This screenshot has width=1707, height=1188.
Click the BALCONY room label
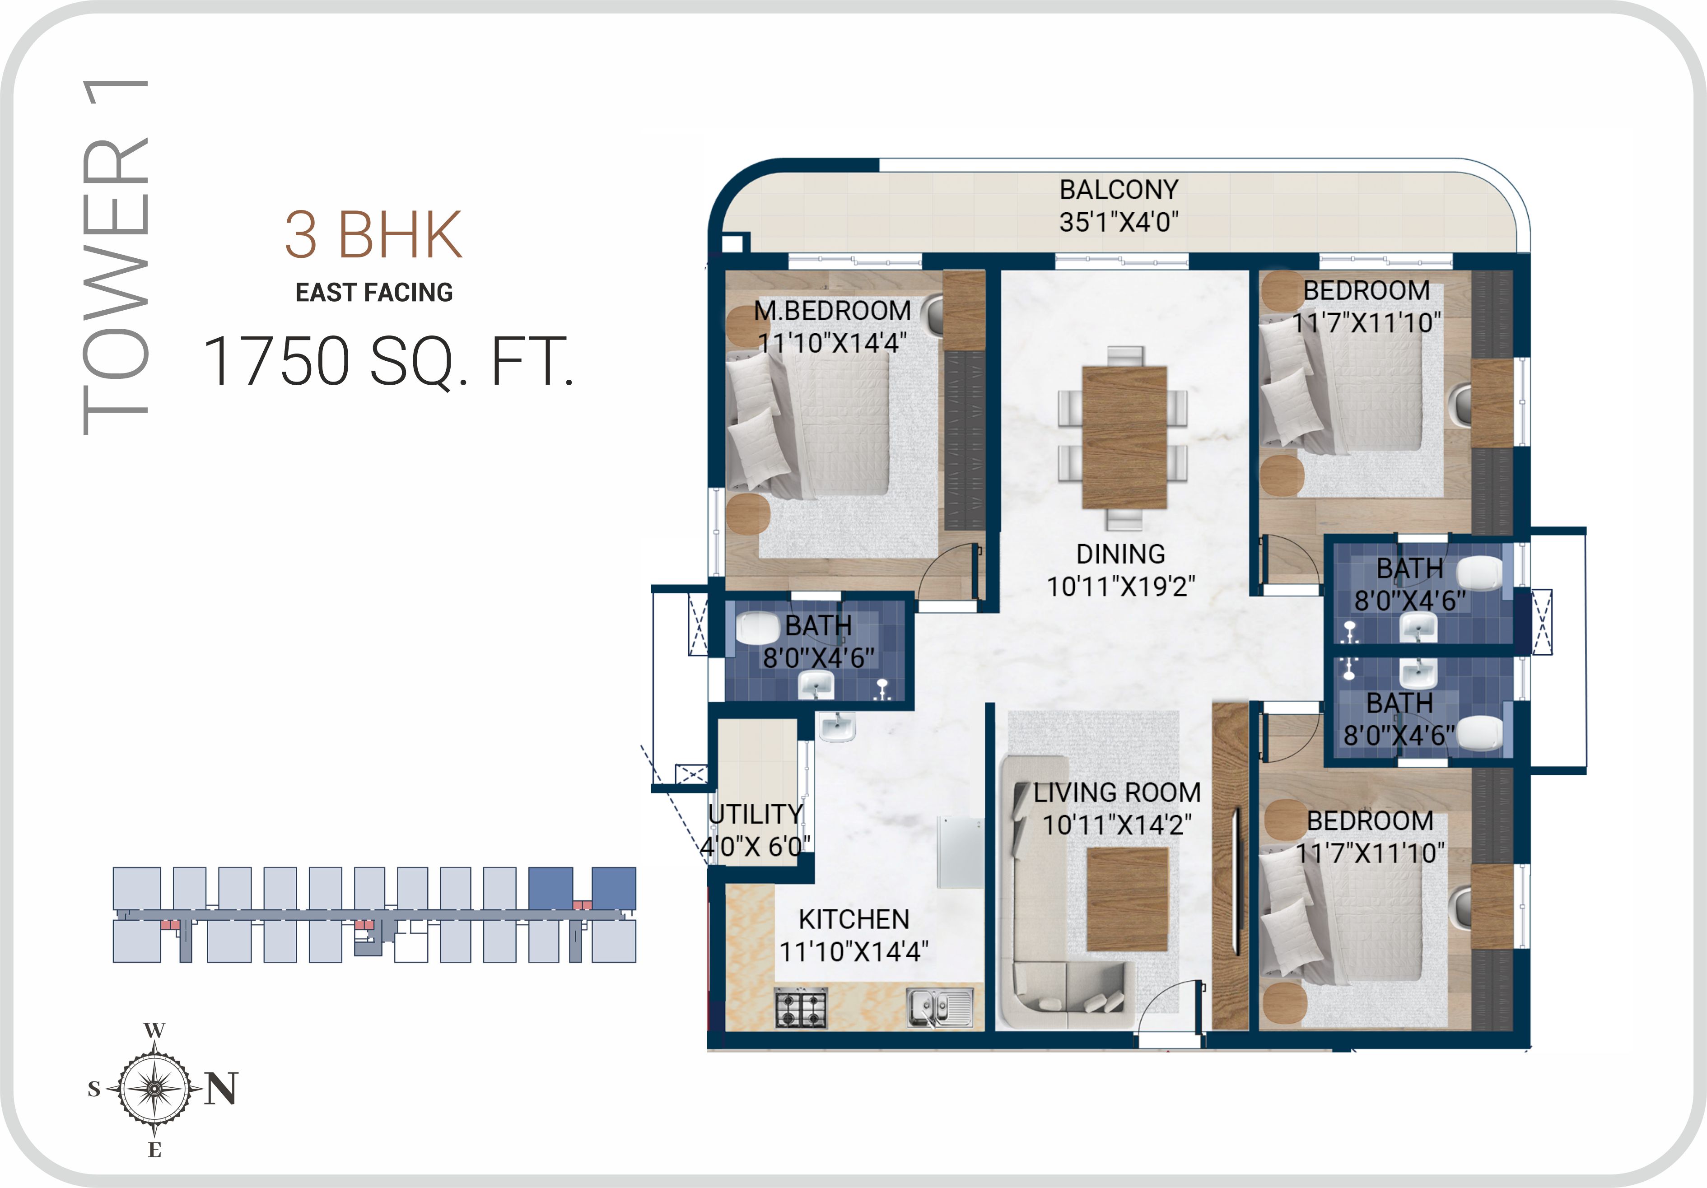(x=1119, y=190)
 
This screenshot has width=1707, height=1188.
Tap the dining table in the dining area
(x=1124, y=437)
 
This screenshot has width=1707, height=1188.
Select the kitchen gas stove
(x=801, y=1009)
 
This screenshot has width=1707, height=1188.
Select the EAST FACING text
(x=374, y=292)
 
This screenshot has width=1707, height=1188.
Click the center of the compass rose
(x=154, y=1088)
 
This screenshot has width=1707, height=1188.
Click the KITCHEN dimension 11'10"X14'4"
(x=853, y=951)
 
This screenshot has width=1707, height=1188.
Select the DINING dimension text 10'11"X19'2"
(x=1120, y=587)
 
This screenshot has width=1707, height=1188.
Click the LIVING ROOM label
(x=1117, y=792)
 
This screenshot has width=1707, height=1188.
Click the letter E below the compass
(x=154, y=1150)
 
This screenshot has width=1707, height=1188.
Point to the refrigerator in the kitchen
(x=961, y=852)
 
